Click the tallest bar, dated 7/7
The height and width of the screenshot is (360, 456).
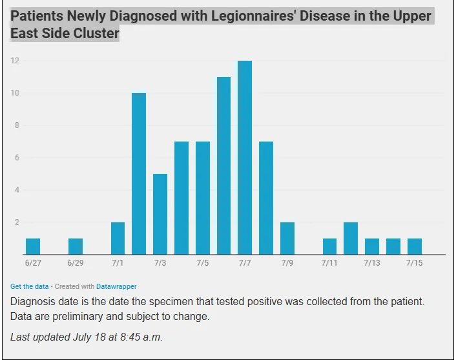245,158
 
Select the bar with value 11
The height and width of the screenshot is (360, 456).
223,165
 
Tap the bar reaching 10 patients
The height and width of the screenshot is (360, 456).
139,174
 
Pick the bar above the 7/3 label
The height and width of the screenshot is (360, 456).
160,214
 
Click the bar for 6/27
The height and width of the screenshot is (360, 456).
33,246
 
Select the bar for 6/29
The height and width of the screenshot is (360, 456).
76,246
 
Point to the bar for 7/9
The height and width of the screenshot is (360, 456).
287,238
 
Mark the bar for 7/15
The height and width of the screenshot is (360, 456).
415,246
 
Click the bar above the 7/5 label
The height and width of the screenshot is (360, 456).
203,198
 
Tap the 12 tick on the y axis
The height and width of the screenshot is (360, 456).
15,61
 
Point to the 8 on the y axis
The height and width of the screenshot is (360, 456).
17,125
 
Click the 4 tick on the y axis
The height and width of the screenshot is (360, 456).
17,190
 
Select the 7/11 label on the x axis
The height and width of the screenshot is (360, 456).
329,263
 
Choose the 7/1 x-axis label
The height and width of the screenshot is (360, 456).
118,263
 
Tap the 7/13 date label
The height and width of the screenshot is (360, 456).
372,263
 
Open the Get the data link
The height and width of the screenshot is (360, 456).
29,286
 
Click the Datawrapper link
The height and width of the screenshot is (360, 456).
116,286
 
